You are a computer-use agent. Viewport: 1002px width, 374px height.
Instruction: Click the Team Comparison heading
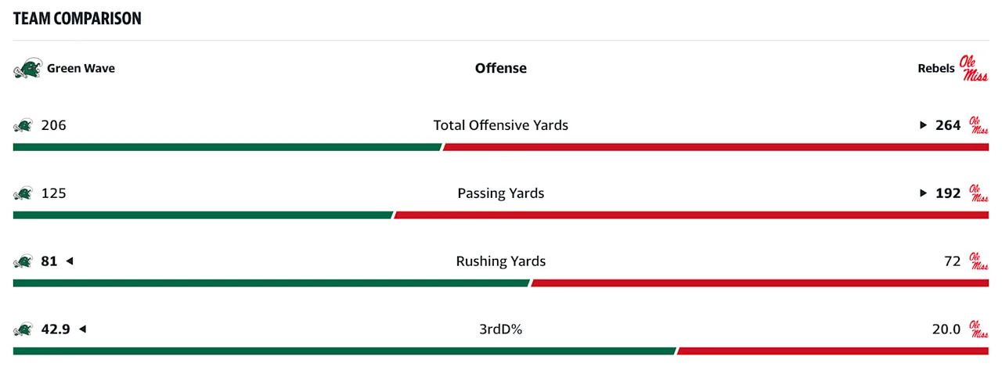pyautogui.click(x=77, y=19)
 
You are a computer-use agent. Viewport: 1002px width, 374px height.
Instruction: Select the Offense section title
pyautogui.click(x=501, y=68)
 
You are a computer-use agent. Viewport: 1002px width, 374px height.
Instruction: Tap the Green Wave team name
pyautogui.click(x=81, y=68)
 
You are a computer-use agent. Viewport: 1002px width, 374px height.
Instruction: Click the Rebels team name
pyautogui.click(x=936, y=68)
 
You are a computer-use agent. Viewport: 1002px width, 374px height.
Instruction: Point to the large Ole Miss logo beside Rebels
pyautogui.click(x=974, y=68)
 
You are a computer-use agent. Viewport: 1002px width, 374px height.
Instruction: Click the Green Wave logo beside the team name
pyautogui.click(x=27, y=69)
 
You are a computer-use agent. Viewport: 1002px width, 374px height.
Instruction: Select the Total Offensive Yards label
pyautogui.click(x=501, y=125)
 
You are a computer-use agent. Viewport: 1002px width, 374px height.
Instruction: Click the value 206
pyautogui.click(x=54, y=125)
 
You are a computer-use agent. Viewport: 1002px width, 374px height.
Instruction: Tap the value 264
pyautogui.click(x=948, y=125)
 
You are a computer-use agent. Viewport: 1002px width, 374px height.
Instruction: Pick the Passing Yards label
pyautogui.click(x=501, y=193)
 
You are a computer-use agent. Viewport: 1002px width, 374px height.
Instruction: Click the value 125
pyautogui.click(x=54, y=193)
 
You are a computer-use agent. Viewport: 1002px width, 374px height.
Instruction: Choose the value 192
pyautogui.click(x=948, y=193)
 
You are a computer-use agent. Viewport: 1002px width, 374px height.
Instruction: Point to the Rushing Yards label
pyautogui.click(x=501, y=261)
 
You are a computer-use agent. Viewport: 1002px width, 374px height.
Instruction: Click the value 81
pyautogui.click(x=49, y=261)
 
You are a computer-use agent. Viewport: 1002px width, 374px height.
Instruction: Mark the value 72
pyautogui.click(x=952, y=261)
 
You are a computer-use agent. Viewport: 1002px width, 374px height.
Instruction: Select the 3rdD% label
pyautogui.click(x=501, y=329)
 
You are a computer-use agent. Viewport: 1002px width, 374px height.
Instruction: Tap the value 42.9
pyautogui.click(x=56, y=329)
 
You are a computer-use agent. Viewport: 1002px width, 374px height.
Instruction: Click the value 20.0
pyautogui.click(x=946, y=329)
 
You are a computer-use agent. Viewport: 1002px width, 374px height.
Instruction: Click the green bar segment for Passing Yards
pyautogui.click(x=203, y=215)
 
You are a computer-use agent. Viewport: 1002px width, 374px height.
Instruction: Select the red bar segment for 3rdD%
pyautogui.click(x=833, y=351)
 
